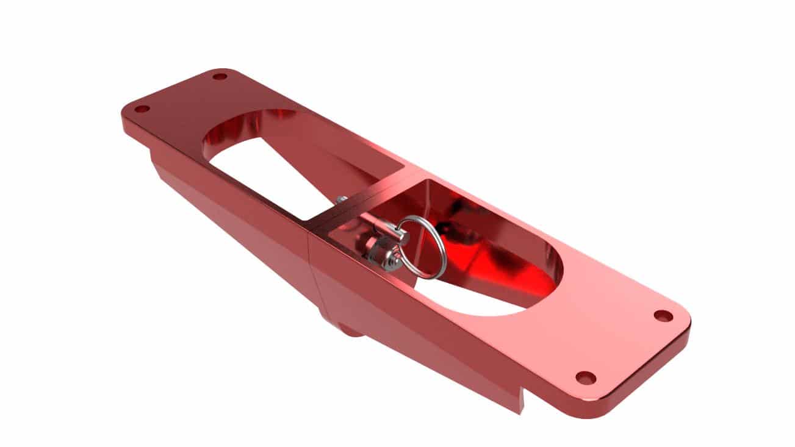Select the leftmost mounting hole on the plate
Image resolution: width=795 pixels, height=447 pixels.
click(x=142, y=109)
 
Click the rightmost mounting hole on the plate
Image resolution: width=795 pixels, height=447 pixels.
click(x=663, y=316)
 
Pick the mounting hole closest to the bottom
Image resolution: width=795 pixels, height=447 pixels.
click(x=586, y=377)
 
